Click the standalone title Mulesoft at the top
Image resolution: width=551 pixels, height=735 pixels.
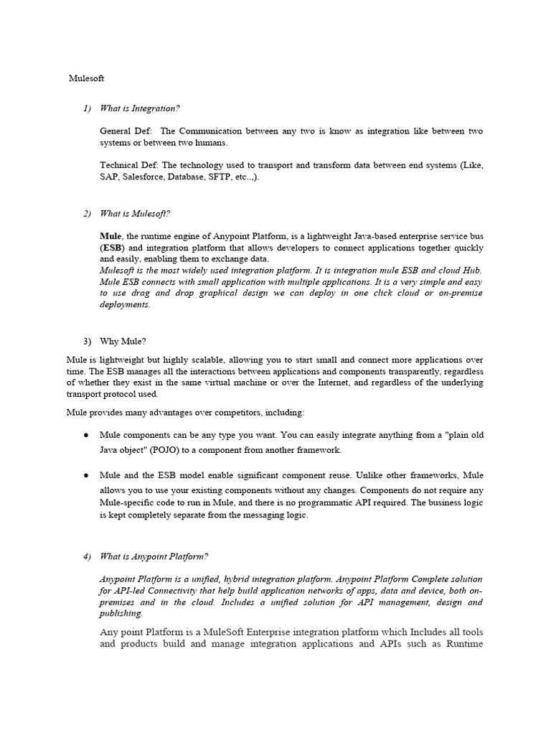pyautogui.click(x=86, y=78)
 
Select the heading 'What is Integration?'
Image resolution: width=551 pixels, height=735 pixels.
pyautogui.click(x=140, y=108)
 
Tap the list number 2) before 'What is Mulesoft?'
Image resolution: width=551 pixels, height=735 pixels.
pyautogui.click(x=87, y=214)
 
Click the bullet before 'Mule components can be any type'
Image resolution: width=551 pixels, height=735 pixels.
pyautogui.click(x=86, y=436)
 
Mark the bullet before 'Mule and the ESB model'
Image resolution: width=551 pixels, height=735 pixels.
pyautogui.click(x=86, y=476)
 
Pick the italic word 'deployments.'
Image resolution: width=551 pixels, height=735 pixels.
pyautogui.click(x=125, y=304)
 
